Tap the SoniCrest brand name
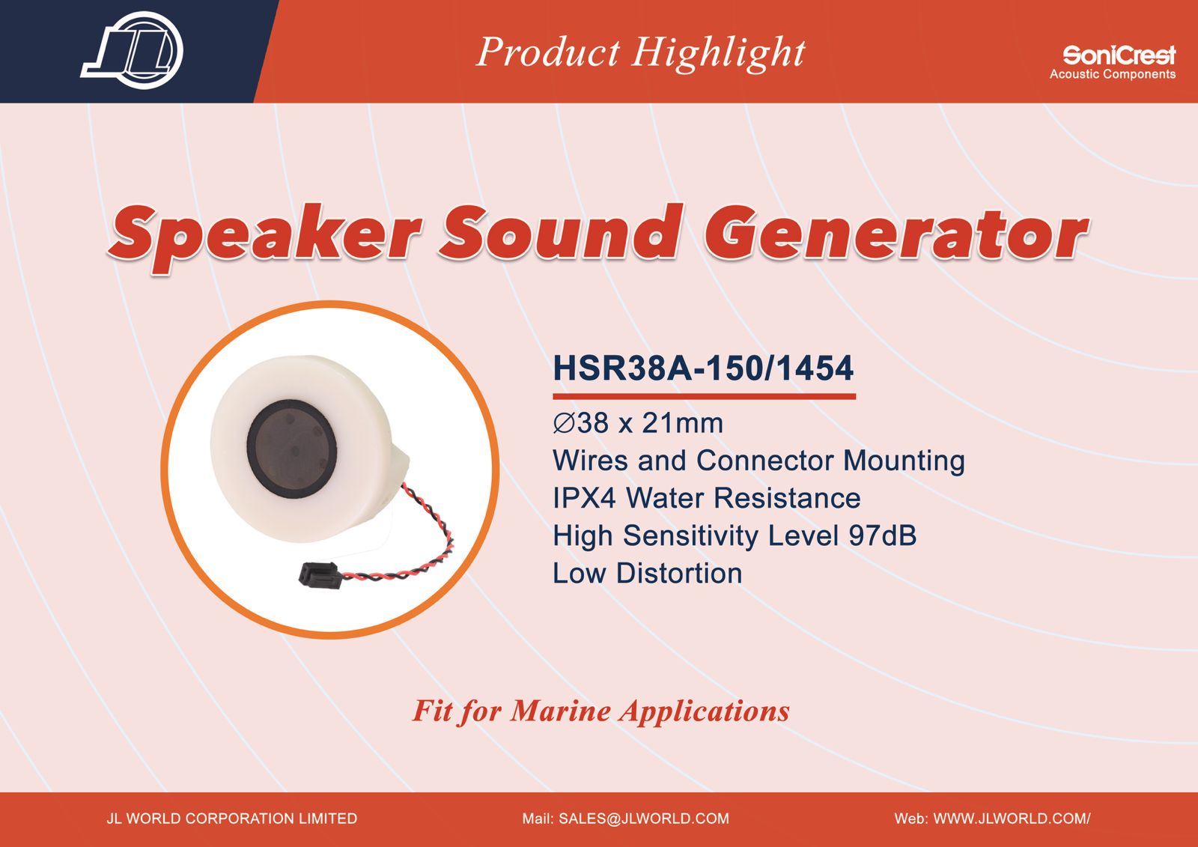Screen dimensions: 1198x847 tap(1119, 55)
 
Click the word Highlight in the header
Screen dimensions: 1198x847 tap(718, 53)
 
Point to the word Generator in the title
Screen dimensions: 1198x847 tap(896, 234)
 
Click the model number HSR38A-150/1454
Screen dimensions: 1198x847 tap(703, 368)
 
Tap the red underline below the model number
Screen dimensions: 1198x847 tap(704, 396)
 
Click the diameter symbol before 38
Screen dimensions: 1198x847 tap(565, 423)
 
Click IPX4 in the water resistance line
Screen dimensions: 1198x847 tap(584, 498)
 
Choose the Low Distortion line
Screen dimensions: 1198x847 tap(647, 573)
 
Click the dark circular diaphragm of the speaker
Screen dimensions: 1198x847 tap(291, 447)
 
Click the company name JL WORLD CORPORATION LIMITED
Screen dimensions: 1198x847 tap(231, 819)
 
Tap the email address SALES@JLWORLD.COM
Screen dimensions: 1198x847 tap(644, 819)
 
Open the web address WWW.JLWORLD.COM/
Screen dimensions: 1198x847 tap(1012, 819)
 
